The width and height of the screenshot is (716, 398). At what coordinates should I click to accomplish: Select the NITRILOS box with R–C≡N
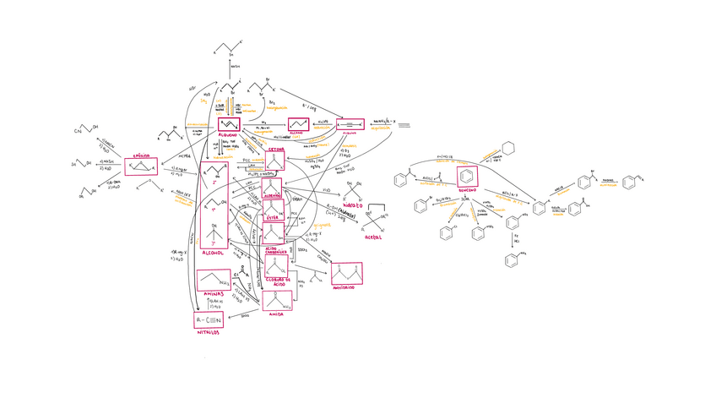tap(209, 320)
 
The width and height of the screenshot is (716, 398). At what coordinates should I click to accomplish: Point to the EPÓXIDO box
tap(142, 165)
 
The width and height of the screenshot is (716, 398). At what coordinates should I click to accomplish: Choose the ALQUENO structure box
tap(230, 125)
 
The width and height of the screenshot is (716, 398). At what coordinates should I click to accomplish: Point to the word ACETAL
tap(373, 237)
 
